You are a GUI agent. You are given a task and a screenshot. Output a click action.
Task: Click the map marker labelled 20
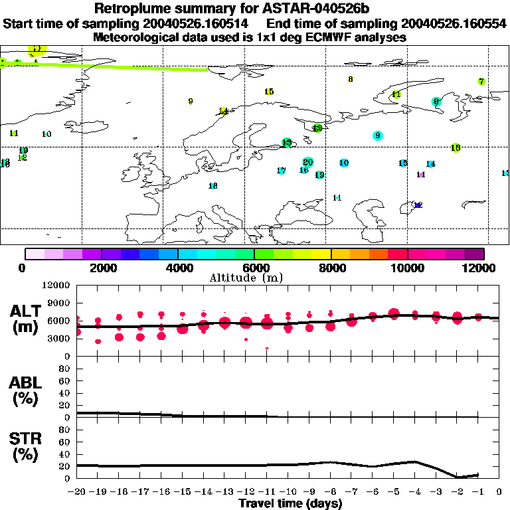click(307, 162)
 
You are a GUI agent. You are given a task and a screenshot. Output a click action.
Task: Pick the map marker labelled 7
click(481, 82)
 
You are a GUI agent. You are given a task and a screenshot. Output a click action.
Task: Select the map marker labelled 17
click(281, 171)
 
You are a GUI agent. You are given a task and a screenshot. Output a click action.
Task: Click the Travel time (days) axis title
click(290, 503)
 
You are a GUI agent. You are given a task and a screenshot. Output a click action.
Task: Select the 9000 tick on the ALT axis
click(57, 303)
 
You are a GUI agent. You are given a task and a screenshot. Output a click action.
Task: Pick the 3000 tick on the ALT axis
click(57, 338)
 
